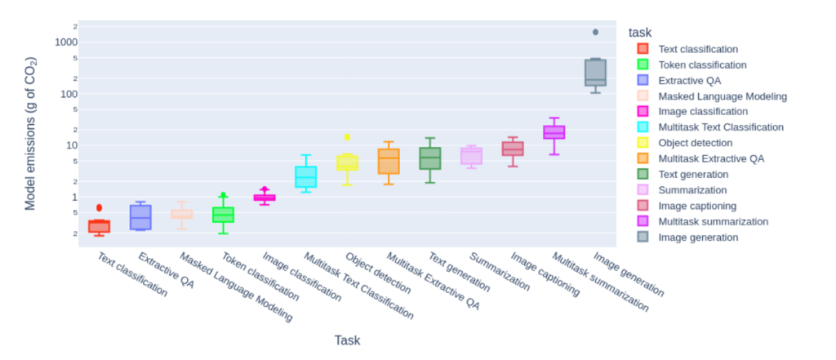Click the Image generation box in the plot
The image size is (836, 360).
(595, 72)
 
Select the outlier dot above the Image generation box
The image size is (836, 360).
(595, 32)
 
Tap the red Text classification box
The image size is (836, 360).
(99, 226)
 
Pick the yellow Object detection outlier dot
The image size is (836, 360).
(347, 137)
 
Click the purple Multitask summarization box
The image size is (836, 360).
(554, 132)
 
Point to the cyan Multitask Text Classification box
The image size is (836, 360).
(305, 176)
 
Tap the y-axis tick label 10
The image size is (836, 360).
(71, 145)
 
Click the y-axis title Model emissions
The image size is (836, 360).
(31, 133)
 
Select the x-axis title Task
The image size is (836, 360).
(347, 340)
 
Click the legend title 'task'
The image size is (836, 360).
(639, 32)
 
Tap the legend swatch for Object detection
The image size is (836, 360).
(643, 143)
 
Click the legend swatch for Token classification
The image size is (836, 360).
(643, 64)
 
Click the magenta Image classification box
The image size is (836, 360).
(265, 198)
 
